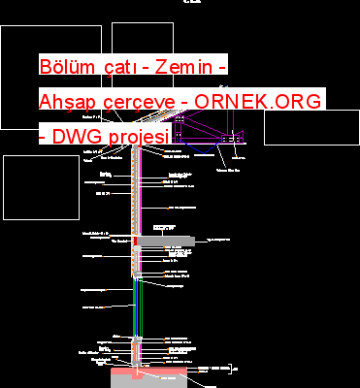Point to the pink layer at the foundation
136,371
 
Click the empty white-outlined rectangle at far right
304,127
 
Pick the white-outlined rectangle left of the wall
27,186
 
